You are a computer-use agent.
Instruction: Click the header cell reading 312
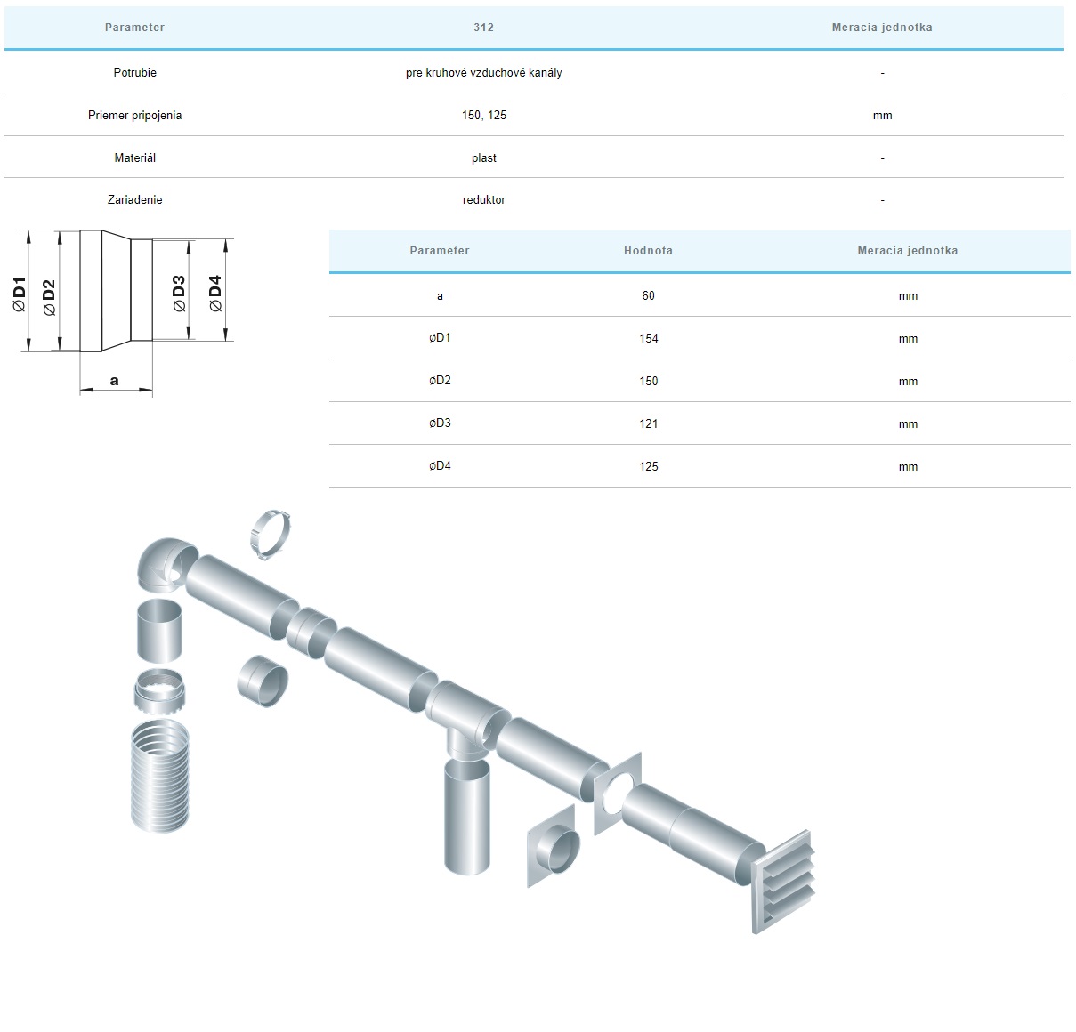pyautogui.click(x=483, y=27)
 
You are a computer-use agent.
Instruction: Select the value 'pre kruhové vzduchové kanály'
pyautogui.click(x=483, y=72)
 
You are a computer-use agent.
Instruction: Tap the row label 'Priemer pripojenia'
pyautogui.click(x=134, y=115)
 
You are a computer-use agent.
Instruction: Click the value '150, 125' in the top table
pyautogui.click(x=484, y=115)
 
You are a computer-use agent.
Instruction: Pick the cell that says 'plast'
pyautogui.click(x=484, y=158)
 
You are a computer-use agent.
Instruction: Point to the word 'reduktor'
pyautogui.click(x=484, y=199)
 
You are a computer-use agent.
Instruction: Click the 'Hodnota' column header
pyautogui.click(x=648, y=250)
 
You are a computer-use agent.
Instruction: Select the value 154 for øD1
pyautogui.click(x=649, y=338)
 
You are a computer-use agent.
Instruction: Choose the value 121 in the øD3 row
pyautogui.click(x=649, y=424)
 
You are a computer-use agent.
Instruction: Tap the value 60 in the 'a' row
pyautogui.click(x=648, y=295)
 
